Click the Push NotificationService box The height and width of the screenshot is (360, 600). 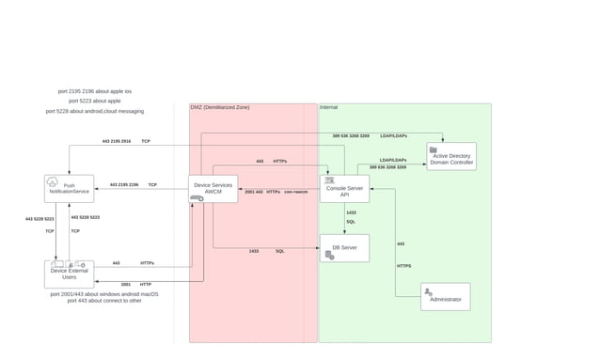coord(69,188)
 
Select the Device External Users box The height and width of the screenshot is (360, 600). coord(69,274)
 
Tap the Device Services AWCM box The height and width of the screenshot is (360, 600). coord(213,188)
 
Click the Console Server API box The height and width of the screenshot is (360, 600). coord(344,188)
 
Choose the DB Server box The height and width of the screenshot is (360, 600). coord(344,248)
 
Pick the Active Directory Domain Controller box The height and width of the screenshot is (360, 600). coord(451,156)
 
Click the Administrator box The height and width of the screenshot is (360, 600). coord(445,296)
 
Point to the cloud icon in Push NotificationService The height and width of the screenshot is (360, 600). coord(53,181)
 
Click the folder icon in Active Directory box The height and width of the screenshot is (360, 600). coord(434,149)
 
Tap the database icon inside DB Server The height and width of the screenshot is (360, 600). coord(329,255)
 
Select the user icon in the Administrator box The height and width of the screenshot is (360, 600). coord(428,292)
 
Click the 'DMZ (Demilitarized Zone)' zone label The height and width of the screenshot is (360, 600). coord(220,108)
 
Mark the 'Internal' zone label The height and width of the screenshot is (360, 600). coord(329,108)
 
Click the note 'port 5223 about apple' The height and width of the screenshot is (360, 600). coord(94,101)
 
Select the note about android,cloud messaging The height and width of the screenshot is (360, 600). coord(94,111)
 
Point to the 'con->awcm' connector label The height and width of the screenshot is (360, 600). coord(296,192)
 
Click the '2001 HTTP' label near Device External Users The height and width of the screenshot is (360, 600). coord(137,284)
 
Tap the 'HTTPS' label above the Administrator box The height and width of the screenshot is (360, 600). coord(403,266)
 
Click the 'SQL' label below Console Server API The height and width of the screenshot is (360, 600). coord(351,222)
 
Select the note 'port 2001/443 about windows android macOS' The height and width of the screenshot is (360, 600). coord(104,293)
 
